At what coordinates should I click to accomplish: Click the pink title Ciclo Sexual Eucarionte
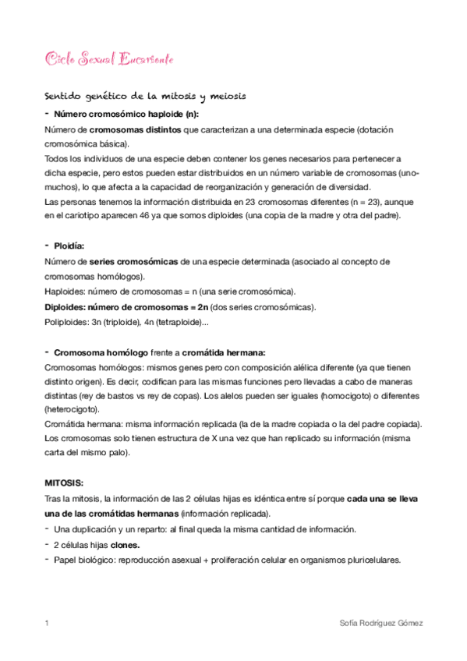click(110, 59)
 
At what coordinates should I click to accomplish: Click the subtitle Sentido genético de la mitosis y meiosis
click(146, 97)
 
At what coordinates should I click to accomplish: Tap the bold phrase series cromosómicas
click(134, 261)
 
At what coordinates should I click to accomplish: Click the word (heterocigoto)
click(76, 408)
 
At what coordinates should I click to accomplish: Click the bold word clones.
click(126, 544)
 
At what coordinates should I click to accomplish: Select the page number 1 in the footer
click(48, 624)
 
